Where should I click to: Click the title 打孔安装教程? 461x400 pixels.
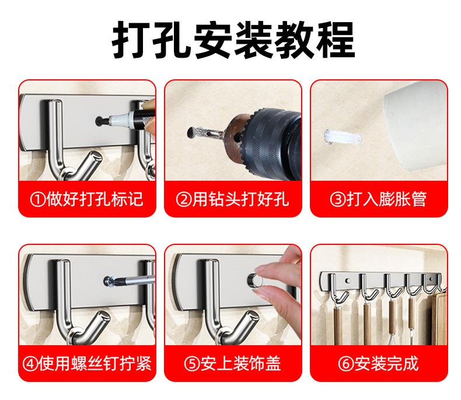pos(233,40)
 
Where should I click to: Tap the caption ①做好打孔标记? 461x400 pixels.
pos(87,199)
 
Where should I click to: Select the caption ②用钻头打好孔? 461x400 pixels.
pos(233,199)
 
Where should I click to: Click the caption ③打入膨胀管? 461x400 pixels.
pos(378,199)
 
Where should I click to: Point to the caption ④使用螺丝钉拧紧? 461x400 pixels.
pos(87,364)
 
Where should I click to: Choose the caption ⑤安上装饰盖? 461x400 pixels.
pos(233,364)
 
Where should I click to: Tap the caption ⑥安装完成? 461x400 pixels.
pos(378,364)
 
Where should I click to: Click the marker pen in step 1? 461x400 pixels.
pos(130,117)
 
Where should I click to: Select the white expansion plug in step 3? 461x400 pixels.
pos(341,138)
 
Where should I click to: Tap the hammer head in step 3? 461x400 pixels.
pos(415,127)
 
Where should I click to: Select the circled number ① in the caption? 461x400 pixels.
pos(38,199)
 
